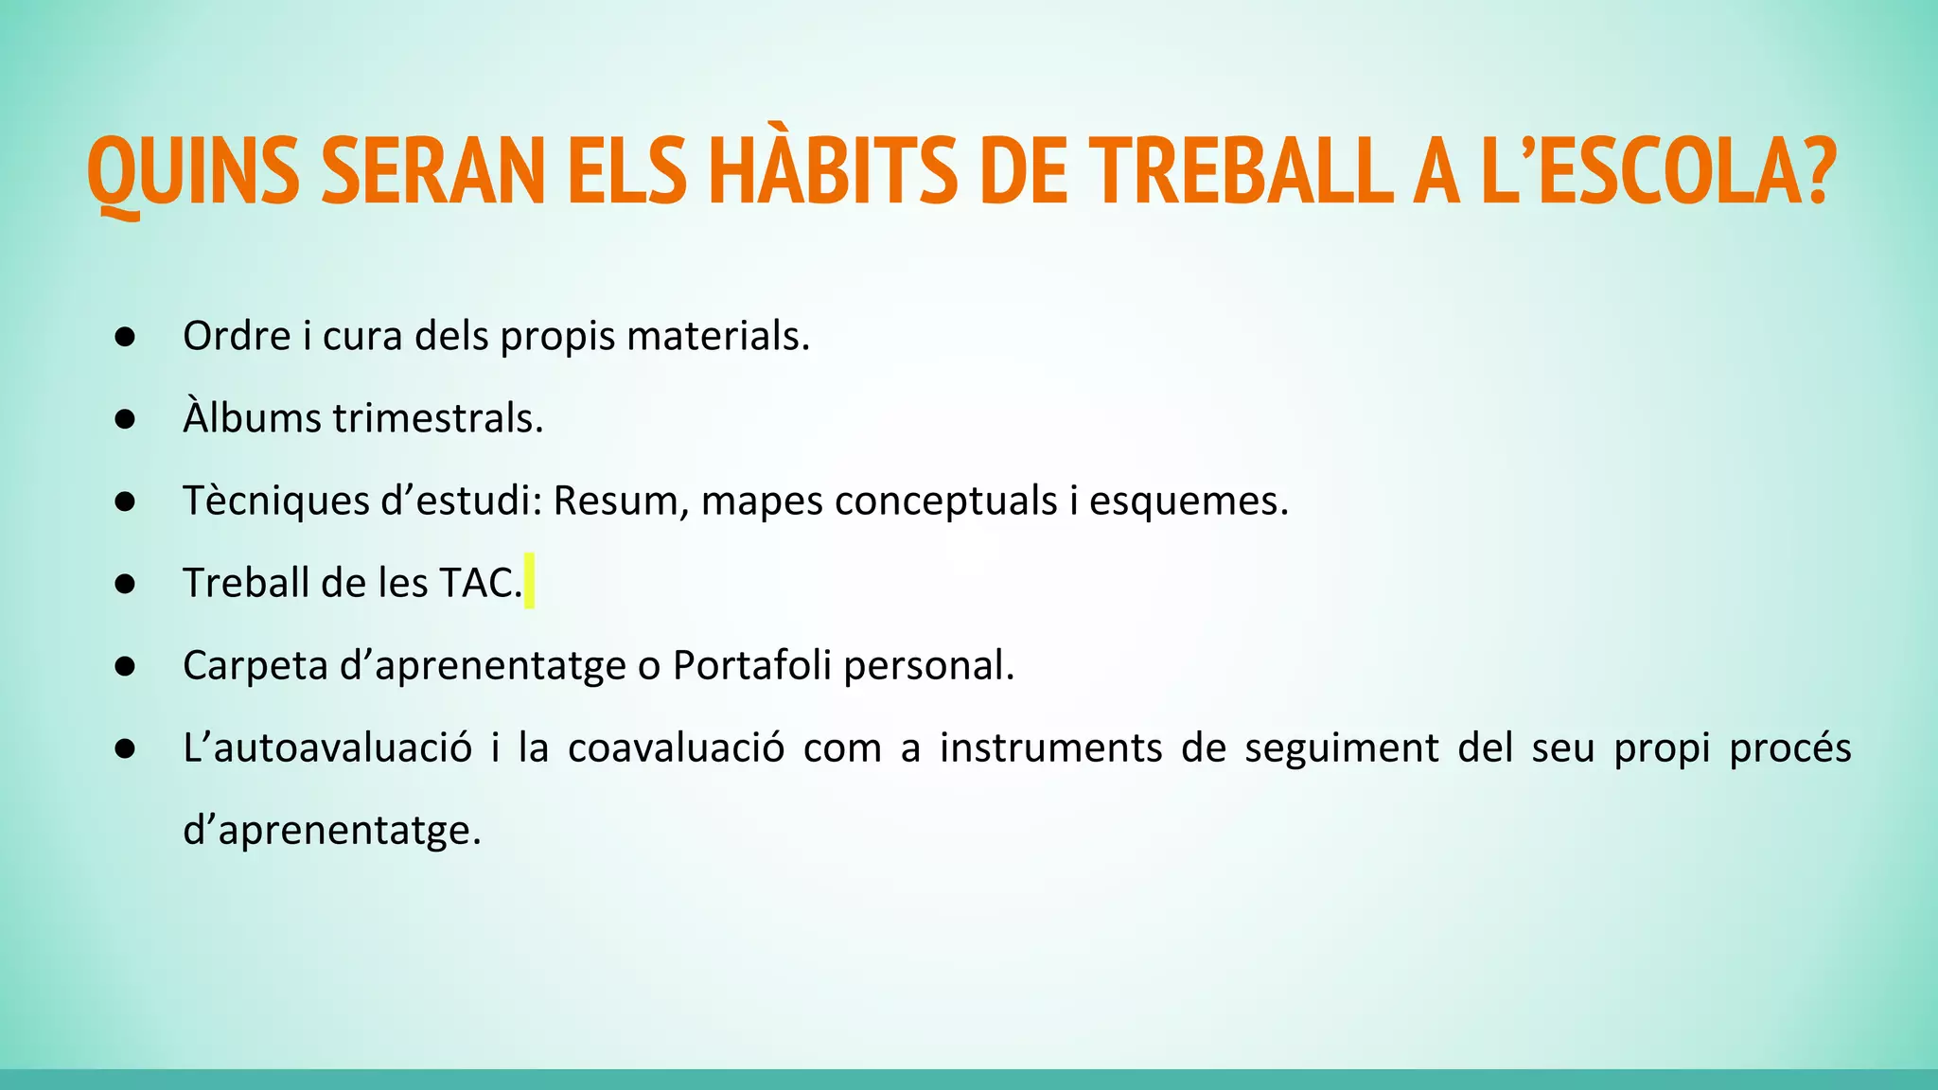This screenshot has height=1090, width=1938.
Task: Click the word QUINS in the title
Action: click(x=193, y=172)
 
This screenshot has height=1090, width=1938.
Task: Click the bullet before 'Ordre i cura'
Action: click(x=125, y=337)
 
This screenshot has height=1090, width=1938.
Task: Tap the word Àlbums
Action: click(x=252, y=418)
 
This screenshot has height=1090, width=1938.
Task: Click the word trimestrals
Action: click(x=437, y=418)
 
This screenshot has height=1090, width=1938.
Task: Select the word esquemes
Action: click(x=1188, y=501)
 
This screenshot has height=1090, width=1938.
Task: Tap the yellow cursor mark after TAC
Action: click(x=529, y=581)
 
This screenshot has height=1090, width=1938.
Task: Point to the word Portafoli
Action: click(x=751, y=666)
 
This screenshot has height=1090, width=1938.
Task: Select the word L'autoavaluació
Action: click(x=327, y=748)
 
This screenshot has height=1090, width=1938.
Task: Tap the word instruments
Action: click(x=1050, y=748)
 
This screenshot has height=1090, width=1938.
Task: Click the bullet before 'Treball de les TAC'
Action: click(x=125, y=584)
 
